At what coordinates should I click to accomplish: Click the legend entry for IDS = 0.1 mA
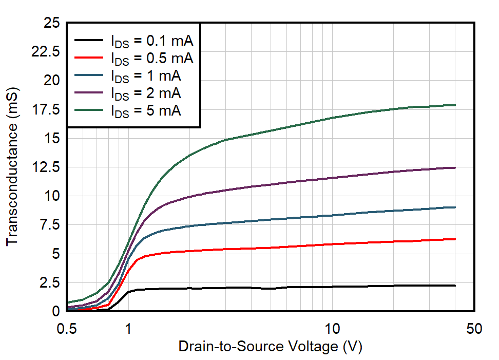coord(152,41)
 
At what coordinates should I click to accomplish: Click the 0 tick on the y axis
coord(56,311)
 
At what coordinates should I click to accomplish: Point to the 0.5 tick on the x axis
coord(67,329)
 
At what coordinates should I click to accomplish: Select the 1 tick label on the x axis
coord(128,329)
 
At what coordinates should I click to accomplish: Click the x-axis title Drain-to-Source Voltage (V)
coord(270,347)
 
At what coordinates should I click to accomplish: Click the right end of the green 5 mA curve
coord(455,105)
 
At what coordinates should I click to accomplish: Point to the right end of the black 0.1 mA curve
coord(455,286)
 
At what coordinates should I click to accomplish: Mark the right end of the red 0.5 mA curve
coord(455,239)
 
